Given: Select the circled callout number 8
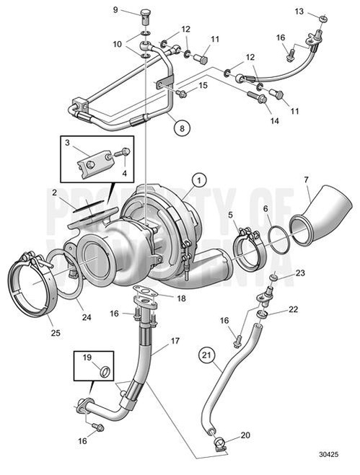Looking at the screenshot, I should pos(183,128).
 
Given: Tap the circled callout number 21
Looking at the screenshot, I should pos(206,355).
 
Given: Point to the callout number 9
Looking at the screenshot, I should pos(115,9).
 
